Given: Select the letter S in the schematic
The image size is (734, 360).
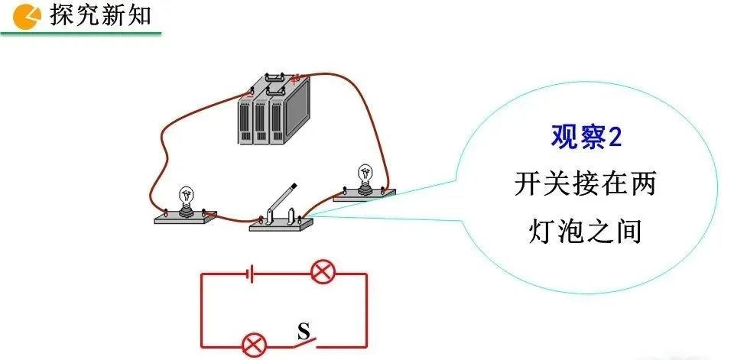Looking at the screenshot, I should [303, 331].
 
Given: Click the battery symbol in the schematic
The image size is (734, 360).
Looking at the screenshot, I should [250, 273].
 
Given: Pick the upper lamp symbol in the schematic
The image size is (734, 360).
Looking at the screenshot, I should [320, 272].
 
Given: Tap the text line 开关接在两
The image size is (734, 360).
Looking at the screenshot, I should [587, 183].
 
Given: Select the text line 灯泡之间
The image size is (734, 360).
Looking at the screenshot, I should [587, 229].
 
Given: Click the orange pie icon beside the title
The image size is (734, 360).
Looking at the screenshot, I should [28, 15].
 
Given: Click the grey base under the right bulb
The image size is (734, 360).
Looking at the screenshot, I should [365, 194].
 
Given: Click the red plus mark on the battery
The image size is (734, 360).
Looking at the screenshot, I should [294, 76].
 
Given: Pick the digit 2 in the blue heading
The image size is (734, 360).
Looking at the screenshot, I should [615, 138].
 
